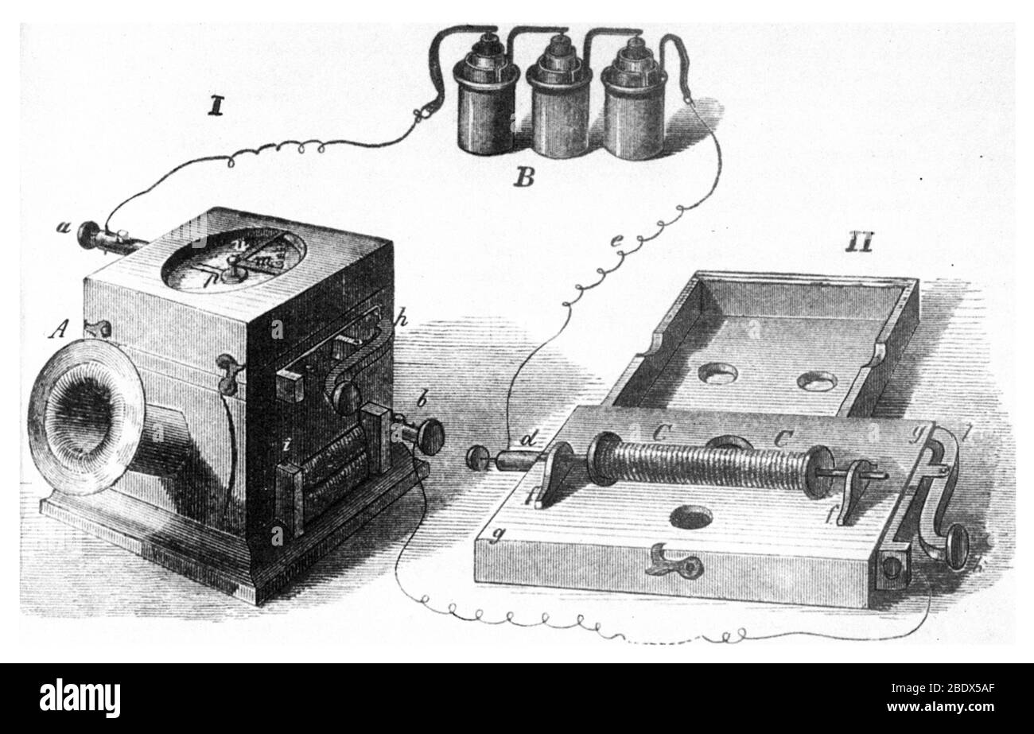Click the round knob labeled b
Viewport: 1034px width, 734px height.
(x=430, y=436)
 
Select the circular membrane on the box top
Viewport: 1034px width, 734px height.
(x=233, y=259)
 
